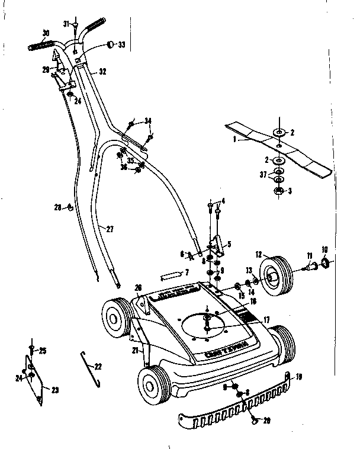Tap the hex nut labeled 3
[278, 191]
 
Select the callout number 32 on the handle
[102, 72]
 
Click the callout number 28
[57, 207]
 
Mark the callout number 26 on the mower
[138, 288]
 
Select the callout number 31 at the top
[66, 24]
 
